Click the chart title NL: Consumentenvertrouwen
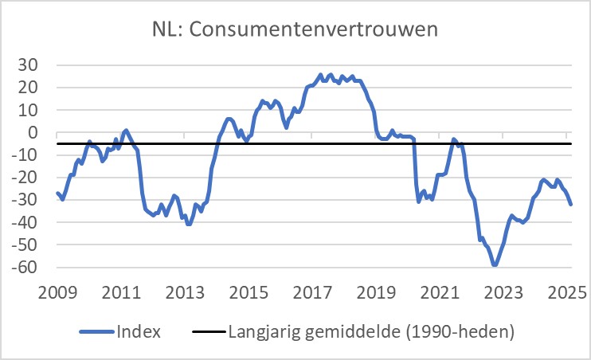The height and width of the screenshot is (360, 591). pyautogui.click(x=295, y=30)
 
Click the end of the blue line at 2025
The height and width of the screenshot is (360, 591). pyautogui.click(x=571, y=205)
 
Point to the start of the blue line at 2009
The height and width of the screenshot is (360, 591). pyautogui.click(x=57, y=193)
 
